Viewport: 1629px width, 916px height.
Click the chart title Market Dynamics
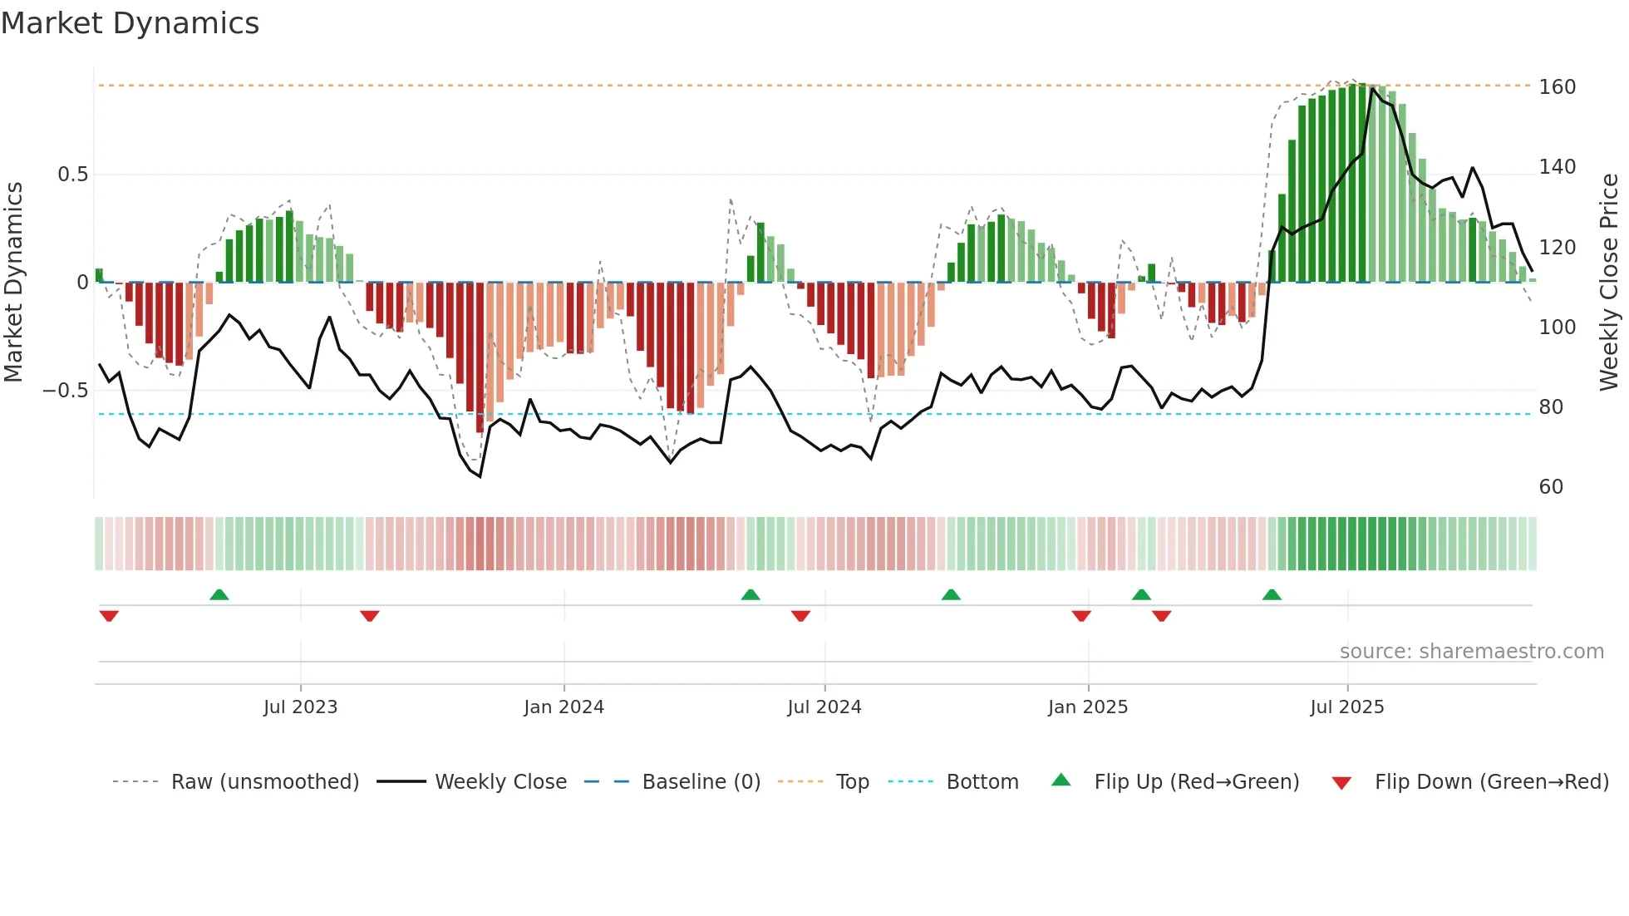(130, 23)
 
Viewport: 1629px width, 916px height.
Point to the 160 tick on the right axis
(1557, 87)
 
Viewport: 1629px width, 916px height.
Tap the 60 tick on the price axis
(1551, 487)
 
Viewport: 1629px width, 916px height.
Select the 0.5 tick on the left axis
(72, 175)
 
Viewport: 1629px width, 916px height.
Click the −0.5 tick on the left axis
(66, 391)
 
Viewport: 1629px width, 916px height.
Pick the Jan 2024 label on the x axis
(564, 707)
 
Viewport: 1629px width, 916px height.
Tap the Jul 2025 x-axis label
(1346, 707)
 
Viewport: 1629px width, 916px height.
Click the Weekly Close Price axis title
(1609, 283)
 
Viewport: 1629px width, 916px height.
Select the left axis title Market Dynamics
(13, 283)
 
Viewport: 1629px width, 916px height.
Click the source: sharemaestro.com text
(1471, 652)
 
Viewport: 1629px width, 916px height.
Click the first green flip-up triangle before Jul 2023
(219, 595)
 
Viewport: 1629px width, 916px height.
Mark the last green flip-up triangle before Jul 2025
(1272, 595)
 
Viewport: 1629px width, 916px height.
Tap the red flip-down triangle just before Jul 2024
(800, 616)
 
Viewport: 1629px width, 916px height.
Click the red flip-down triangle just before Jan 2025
(1081, 616)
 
